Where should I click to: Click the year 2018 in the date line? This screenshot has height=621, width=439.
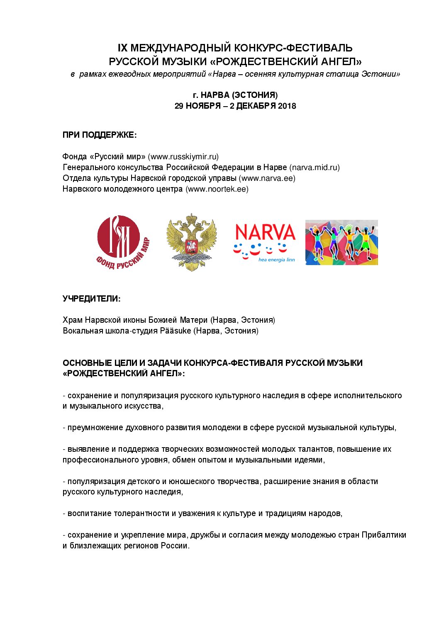tap(287, 106)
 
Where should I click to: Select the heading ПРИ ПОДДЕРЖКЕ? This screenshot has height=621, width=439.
tap(100, 135)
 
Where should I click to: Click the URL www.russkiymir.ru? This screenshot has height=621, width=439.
tap(183, 157)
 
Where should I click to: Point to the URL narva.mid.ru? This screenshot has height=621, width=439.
tap(315, 168)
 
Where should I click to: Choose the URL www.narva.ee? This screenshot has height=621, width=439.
tap(267, 178)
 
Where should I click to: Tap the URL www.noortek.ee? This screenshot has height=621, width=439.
tap(217, 189)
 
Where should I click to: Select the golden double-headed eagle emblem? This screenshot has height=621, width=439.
tap(191, 242)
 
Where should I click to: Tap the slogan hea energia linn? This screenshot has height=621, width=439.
tap(276, 260)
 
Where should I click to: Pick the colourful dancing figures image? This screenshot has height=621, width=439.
tap(341, 242)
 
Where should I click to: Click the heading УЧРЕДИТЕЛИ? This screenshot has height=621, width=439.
tap(92, 299)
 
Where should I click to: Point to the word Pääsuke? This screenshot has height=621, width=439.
tap(176, 331)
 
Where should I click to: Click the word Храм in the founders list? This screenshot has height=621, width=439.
tap(73, 320)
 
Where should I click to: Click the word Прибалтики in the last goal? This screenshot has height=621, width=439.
tap(384, 535)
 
